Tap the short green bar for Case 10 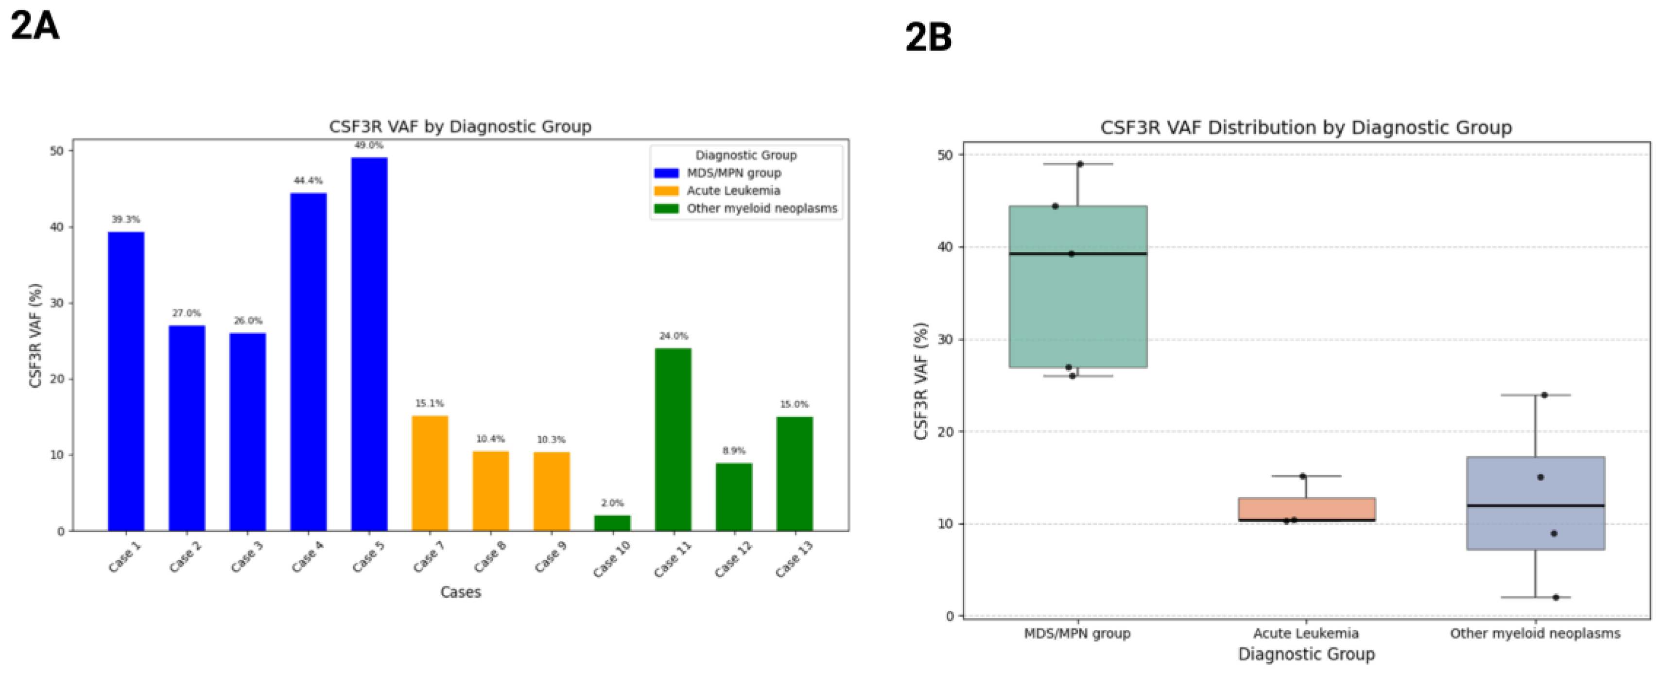[x=612, y=523]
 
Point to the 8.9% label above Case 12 [x=734, y=450]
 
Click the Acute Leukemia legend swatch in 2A [x=666, y=191]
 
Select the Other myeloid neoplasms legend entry [x=762, y=208]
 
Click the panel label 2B [x=928, y=37]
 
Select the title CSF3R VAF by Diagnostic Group [x=460, y=126]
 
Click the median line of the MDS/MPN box [x=1077, y=254]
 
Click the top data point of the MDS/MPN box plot [x=1079, y=164]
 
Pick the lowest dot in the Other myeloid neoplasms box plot [x=1556, y=598]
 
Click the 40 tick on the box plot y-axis [x=949, y=247]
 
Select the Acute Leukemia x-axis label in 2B [x=1306, y=634]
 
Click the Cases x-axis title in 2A [x=460, y=592]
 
